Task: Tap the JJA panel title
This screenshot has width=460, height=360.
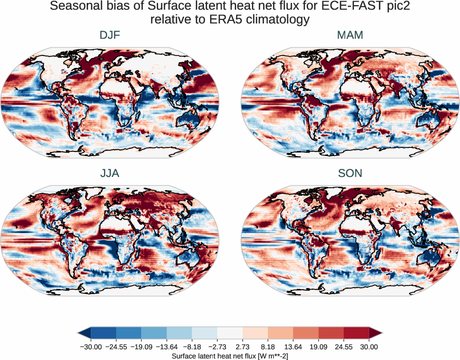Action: pos(110,173)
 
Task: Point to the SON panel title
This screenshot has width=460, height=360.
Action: pos(350,173)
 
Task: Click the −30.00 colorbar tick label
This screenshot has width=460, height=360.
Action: pos(91,347)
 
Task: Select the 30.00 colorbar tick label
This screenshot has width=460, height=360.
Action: pos(369,347)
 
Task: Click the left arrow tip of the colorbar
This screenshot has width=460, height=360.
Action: pos(80,333)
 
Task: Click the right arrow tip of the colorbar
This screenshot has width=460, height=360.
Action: pos(380,333)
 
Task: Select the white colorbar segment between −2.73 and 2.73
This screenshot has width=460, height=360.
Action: pos(229,333)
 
